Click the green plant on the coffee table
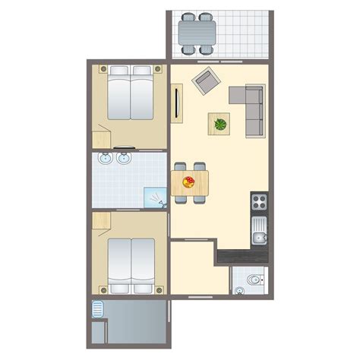coord(220,123)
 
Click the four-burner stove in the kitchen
coord(259,203)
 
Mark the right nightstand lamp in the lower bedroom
coord(157,289)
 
